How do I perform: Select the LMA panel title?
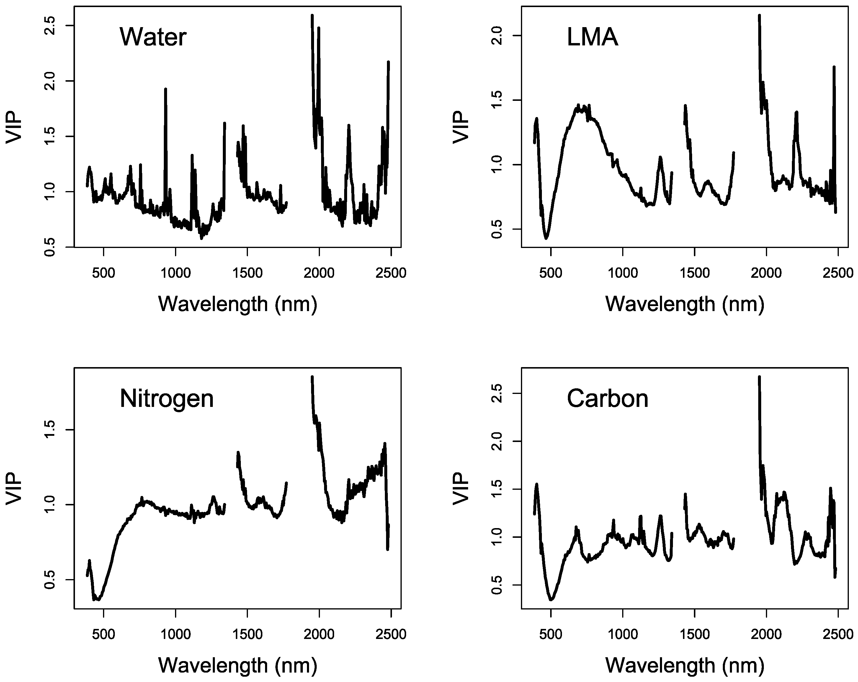592,38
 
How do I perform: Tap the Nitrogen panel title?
167,399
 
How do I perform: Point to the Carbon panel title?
608,399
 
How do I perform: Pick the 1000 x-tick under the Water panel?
176,273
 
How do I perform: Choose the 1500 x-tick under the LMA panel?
694,273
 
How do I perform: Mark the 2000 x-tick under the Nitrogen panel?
319,634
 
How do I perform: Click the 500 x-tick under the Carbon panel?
551,634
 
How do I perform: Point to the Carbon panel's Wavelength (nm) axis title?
685,665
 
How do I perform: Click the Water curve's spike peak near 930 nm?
166,89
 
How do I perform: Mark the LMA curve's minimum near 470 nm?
546,238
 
